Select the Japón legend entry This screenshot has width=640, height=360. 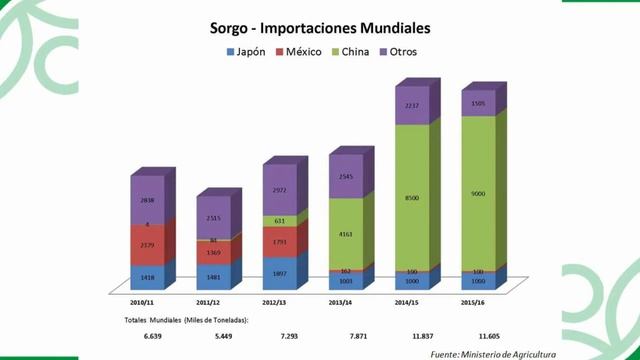click(x=246, y=51)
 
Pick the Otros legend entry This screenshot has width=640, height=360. click(x=411, y=51)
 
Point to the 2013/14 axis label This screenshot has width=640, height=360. click(x=345, y=300)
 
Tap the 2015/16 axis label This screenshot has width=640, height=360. click(x=477, y=300)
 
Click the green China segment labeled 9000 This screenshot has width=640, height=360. click(x=478, y=193)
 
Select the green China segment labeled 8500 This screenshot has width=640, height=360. click(x=411, y=198)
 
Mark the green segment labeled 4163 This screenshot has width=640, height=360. click(x=345, y=234)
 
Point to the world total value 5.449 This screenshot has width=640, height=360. click(x=212, y=337)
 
